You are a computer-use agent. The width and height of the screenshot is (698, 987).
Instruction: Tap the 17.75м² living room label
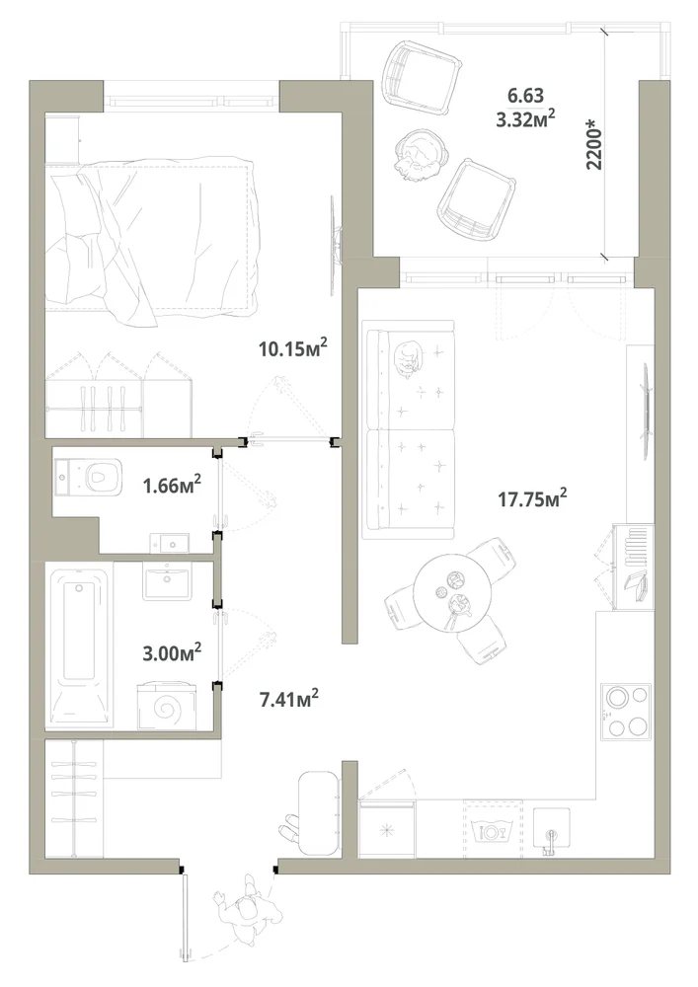tap(532, 499)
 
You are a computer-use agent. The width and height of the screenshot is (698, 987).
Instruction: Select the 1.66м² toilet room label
tap(173, 485)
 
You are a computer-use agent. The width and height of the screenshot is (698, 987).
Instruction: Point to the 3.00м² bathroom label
tap(172, 652)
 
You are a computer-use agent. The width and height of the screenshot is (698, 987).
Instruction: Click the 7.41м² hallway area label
tap(289, 698)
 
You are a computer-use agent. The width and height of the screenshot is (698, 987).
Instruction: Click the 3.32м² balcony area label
tap(525, 119)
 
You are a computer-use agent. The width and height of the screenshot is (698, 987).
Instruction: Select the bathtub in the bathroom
tap(79, 647)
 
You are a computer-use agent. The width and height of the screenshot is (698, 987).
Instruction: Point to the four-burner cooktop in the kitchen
tap(624, 712)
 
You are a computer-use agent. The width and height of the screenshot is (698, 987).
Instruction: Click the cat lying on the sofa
tap(407, 359)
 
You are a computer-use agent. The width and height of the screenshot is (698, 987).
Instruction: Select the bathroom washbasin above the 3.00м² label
tap(167, 581)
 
